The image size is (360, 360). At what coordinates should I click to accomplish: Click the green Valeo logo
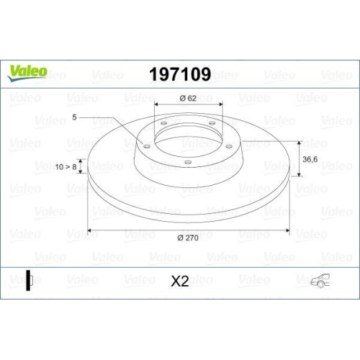click(27, 73)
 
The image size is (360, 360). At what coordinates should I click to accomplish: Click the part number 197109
click(180, 74)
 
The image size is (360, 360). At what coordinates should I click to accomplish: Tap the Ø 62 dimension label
click(188, 98)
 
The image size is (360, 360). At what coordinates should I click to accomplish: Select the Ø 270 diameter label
click(188, 238)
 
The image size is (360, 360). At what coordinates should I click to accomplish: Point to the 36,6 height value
click(310, 159)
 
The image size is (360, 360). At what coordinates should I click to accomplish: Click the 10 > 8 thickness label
click(66, 166)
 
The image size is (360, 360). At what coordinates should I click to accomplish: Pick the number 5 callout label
click(74, 117)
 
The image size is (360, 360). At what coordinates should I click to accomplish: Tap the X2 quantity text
click(180, 281)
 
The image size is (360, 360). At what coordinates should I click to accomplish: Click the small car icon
click(320, 280)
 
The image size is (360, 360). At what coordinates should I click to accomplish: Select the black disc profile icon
click(29, 280)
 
